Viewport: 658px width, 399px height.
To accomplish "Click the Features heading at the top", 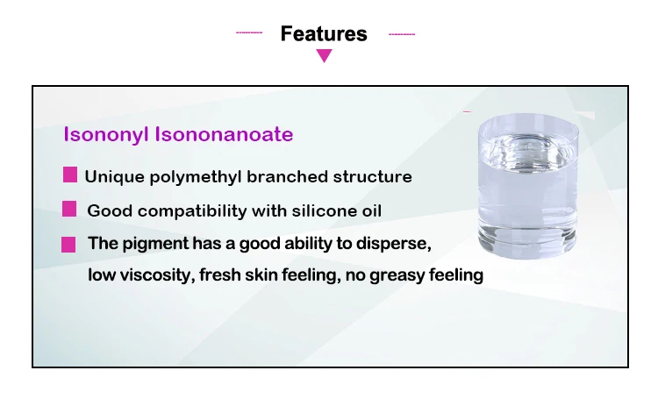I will coord(324,34).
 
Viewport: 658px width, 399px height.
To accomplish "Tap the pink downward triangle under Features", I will coord(324,56).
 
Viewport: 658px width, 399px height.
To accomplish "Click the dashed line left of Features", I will coord(249,33).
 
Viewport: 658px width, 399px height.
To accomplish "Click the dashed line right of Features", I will coord(401,34).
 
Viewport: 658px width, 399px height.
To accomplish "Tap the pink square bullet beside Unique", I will coord(70,175).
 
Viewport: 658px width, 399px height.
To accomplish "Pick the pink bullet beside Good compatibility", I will coord(70,209).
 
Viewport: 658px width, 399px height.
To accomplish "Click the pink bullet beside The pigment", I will coord(68,245).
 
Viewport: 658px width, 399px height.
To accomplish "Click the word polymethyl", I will coord(201,176).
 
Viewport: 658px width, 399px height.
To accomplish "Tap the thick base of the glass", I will coord(528,241).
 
